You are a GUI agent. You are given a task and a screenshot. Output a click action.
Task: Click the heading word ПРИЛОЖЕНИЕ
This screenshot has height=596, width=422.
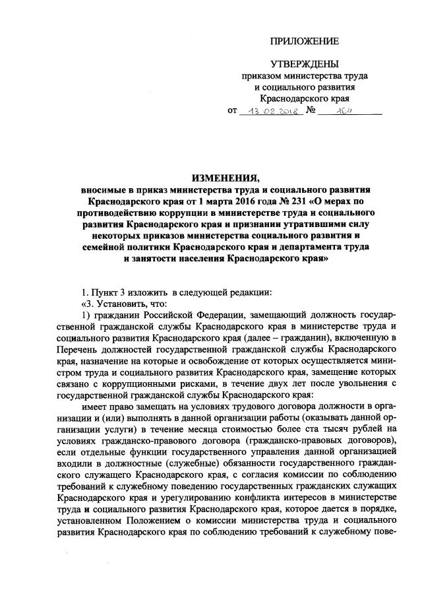[x=304, y=42]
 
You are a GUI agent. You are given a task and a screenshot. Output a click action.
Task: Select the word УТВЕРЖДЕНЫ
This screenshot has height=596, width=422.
[x=304, y=64]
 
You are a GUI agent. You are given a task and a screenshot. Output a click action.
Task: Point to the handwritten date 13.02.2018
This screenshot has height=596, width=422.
[x=270, y=112]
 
